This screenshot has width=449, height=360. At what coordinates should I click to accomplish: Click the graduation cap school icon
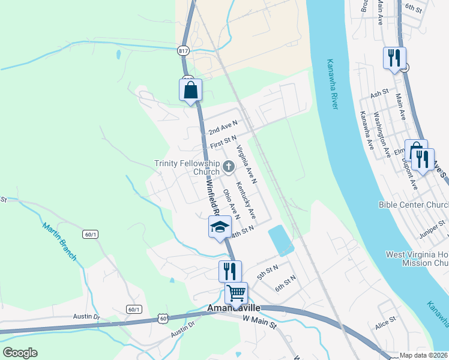pos(220,227)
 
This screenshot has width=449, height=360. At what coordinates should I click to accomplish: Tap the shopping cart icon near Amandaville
pos(236,293)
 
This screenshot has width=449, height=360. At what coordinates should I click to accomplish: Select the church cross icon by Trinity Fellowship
pos(228,166)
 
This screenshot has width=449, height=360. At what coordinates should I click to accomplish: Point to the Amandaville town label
pos(234,308)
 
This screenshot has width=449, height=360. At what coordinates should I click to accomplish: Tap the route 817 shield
pos(182,52)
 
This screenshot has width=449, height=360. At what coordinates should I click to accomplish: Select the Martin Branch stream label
pos(60,241)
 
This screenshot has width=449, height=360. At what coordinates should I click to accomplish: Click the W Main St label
pos(259,323)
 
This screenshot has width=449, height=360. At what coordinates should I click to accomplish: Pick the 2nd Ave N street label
pos(223,127)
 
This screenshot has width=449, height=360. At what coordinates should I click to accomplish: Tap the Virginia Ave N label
pos(247,164)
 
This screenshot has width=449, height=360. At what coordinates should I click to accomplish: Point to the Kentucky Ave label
pos(246,199)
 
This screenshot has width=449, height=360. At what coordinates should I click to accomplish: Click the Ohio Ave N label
pos(231,204)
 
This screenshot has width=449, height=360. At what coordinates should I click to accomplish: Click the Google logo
pos(20,353)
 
